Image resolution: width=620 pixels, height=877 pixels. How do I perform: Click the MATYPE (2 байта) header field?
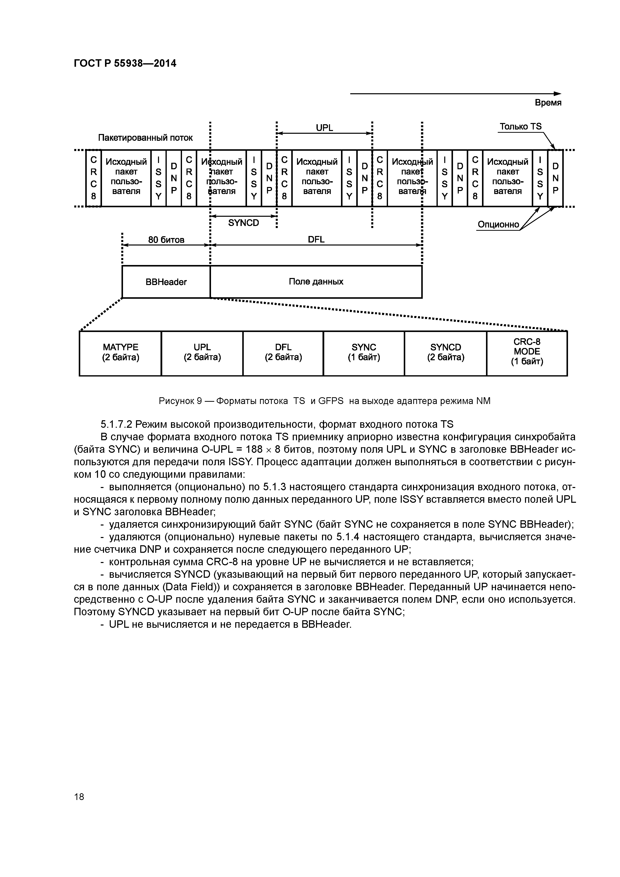point(120,353)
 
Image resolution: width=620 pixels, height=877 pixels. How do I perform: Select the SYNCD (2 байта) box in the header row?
point(445,353)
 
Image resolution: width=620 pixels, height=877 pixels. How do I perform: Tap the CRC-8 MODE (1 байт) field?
point(527,353)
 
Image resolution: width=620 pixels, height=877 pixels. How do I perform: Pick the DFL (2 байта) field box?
point(283,353)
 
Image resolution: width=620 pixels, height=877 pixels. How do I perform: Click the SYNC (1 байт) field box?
point(364,353)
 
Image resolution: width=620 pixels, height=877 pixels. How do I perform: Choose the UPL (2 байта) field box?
point(202,353)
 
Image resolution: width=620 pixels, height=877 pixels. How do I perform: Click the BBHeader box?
point(166,282)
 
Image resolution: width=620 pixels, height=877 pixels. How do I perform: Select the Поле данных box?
point(316,282)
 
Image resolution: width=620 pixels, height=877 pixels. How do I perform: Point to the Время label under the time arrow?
point(548,103)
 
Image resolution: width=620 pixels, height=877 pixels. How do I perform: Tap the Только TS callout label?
point(520,126)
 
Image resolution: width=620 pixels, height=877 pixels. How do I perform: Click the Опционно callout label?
point(498,224)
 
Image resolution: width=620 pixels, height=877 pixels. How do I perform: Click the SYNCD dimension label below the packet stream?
point(243,223)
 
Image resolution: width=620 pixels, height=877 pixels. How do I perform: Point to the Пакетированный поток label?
point(145,137)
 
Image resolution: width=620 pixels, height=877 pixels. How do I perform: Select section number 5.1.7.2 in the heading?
point(116,424)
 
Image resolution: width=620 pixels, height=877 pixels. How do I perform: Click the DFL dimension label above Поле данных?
point(316,239)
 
